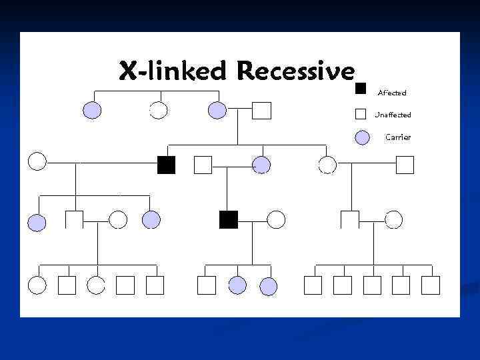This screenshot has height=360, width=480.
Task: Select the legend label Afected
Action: pyautogui.click(x=391, y=93)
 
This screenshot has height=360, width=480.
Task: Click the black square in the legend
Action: pyautogui.click(x=361, y=88)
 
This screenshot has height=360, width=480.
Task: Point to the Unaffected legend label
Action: pyautogui.click(x=393, y=115)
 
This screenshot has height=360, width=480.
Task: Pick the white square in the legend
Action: pyautogui.click(x=361, y=113)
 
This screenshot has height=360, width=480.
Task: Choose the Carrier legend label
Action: pyautogui.click(x=398, y=137)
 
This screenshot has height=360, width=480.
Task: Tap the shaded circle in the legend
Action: pyautogui.click(x=362, y=137)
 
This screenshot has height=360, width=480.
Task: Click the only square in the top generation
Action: pyautogui.click(x=262, y=110)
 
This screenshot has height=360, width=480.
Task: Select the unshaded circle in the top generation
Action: pyautogui.click(x=157, y=110)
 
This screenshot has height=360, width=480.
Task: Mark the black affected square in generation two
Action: pyautogui.click(x=166, y=165)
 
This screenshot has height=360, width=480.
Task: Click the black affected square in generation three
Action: pyautogui.click(x=229, y=219)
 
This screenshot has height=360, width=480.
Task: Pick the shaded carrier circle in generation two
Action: pyautogui.click(x=261, y=165)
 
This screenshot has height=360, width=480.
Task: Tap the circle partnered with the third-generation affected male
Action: pyautogui.click(x=276, y=219)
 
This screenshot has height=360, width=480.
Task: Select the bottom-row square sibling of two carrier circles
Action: pyautogui.click(x=207, y=285)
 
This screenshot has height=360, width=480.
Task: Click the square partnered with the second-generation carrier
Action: pyautogui.click(x=202, y=165)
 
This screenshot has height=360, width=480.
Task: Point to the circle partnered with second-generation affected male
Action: pyautogui.click(x=37, y=161)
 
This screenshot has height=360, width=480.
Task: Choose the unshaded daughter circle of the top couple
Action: pyautogui.click(x=327, y=165)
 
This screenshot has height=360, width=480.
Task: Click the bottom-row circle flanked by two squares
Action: pyautogui.click(x=96, y=285)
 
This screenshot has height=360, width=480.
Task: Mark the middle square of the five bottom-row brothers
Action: pyautogui.click(x=372, y=285)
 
